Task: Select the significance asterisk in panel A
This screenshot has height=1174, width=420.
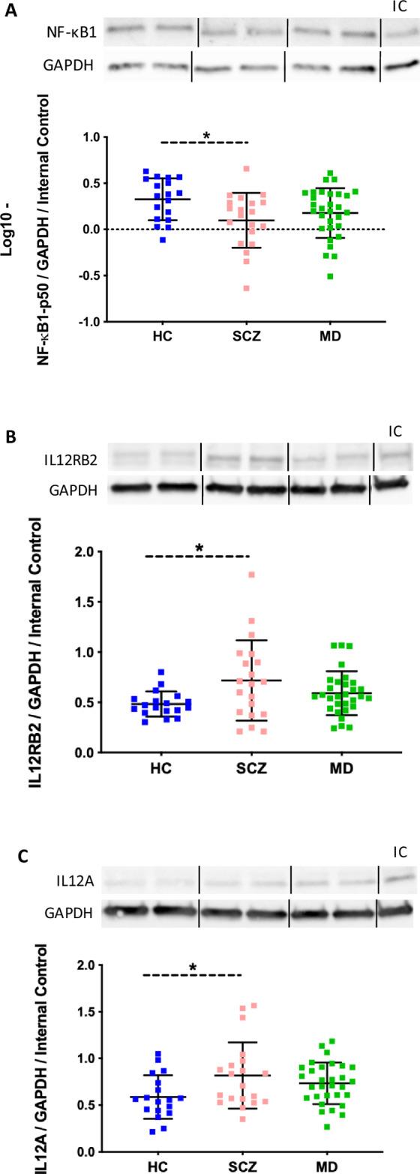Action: point(206,136)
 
